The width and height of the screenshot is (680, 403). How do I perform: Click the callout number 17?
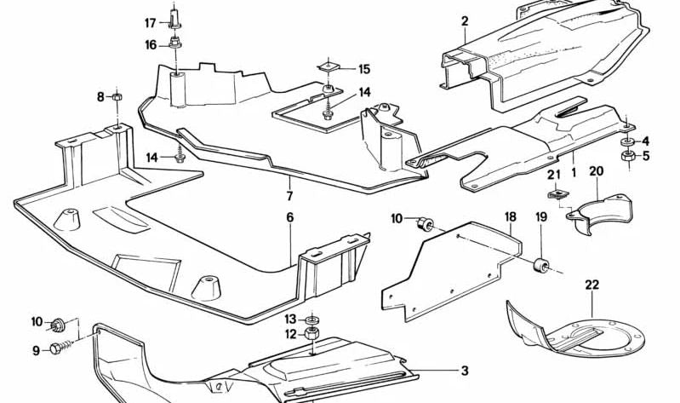click(x=150, y=23)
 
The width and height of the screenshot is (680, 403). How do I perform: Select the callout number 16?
click(x=150, y=44)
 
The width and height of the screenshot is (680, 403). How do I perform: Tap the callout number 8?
click(x=100, y=97)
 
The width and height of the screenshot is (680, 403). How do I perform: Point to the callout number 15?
click(x=364, y=69)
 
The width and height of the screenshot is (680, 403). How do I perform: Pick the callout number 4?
click(x=645, y=141)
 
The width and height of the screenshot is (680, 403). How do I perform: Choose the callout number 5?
click(x=645, y=156)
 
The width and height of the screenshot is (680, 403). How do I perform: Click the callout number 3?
click(x=465, y=371)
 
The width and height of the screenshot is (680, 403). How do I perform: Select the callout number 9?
click(x=37, y=349)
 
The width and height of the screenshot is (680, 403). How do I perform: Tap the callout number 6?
click(x=289, y=217)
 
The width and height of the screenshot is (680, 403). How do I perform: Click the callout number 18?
click(x=510, y=217)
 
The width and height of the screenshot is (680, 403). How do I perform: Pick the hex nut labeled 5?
click(x=626, y=157)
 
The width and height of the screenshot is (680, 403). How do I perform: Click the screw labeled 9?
click(x=58, y=348)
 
